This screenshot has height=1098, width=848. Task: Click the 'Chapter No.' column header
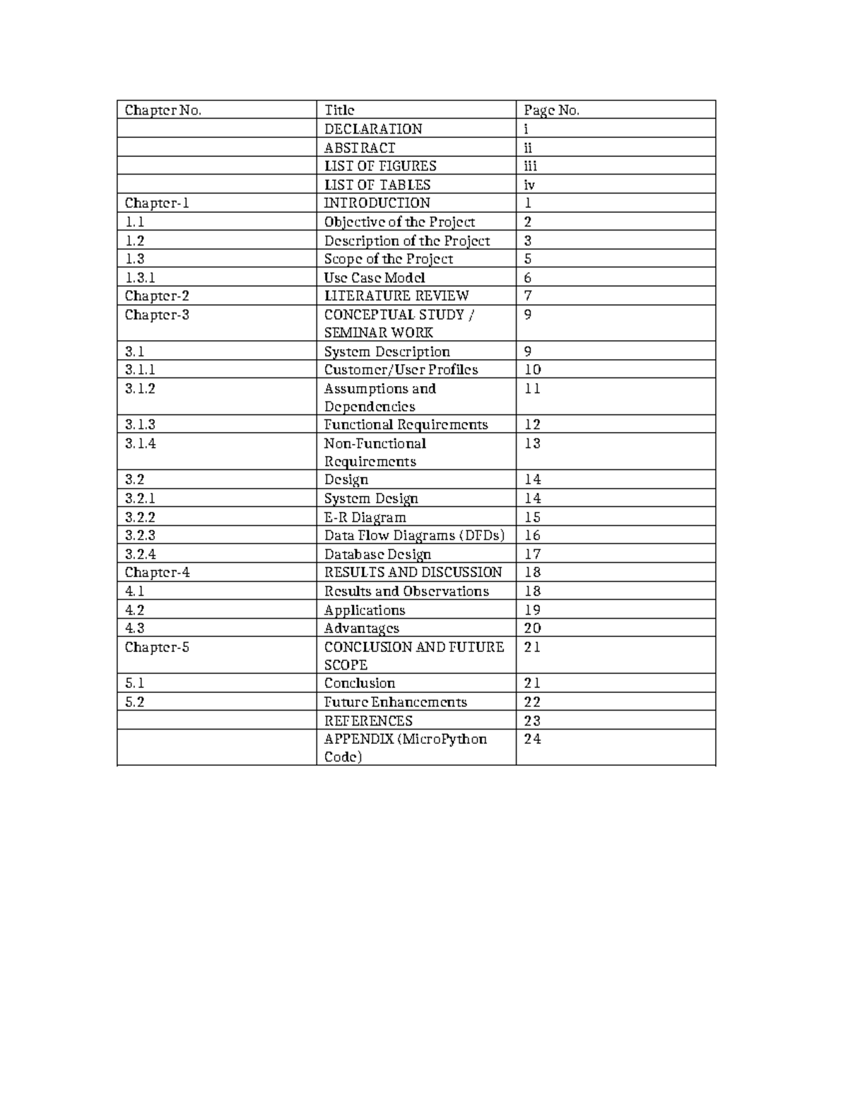tap(163, 110)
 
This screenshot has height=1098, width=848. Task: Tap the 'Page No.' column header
tap(551, 110)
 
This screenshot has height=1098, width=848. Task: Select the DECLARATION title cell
tap(373, 129)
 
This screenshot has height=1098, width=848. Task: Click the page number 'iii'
tap(530, 166)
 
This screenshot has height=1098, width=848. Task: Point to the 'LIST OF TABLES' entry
tap(377, 185)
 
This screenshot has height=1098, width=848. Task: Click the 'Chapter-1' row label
tap(157, 203)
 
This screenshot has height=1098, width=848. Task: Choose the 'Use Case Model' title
tap(375, 278)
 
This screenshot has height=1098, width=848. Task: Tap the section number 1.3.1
tap(141, 278)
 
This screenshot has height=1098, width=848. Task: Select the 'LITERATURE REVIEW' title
tap(396, 296)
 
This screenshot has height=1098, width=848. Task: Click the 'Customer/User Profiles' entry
tap(401, 369)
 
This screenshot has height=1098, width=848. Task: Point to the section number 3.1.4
tap(141, 443)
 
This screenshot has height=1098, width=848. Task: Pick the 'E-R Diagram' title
tap(365, 517)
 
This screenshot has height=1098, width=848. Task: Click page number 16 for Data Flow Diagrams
tap(532, 535)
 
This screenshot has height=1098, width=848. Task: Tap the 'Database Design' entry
tap(377, 554)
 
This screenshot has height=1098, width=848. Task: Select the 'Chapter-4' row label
tap(158, 572)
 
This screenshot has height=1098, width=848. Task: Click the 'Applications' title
tap(365, 609)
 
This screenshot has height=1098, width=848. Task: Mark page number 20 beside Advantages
tap(532, 628)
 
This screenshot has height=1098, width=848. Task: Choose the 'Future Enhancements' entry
tap(396, 701)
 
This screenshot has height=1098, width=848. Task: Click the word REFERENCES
tap(368, 720)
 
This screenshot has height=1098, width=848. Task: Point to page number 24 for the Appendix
tap(532, 739)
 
